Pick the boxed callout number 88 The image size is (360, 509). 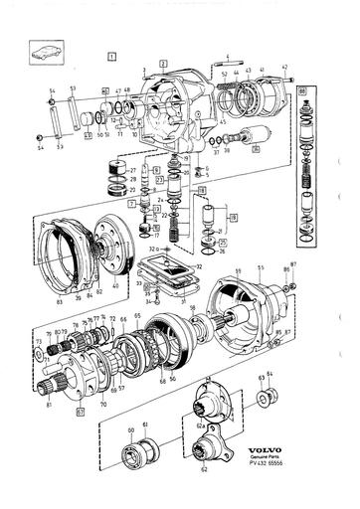[301, 91]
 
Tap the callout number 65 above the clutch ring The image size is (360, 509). [137, 315]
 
